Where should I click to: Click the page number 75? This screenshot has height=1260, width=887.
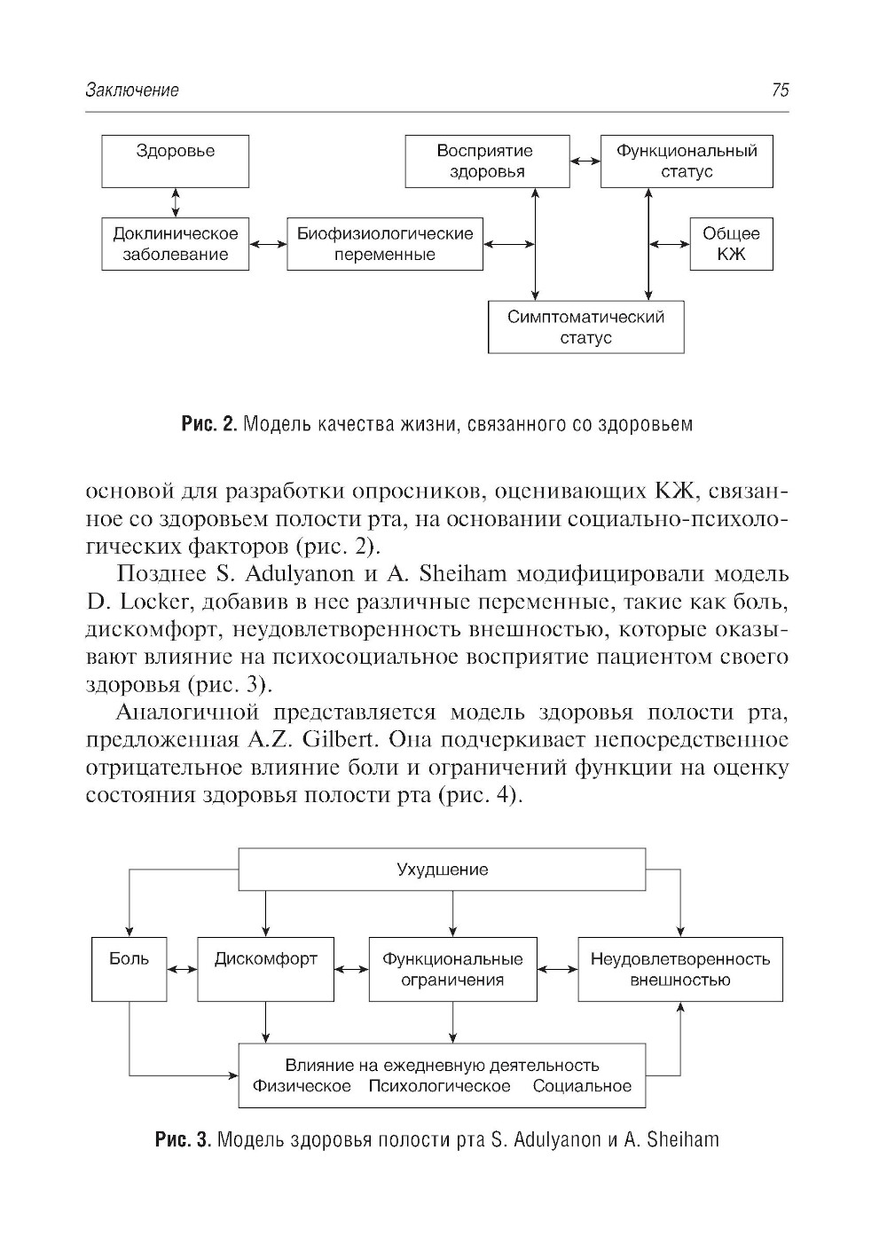780,90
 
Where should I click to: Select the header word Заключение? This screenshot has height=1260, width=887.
132,90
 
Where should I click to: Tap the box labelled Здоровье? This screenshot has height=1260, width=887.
175,161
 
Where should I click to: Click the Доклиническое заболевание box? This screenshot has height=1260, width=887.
175,244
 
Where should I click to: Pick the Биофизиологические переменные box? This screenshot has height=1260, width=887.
384,244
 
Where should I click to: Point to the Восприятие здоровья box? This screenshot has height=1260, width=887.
487,161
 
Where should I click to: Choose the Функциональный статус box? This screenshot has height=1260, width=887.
686,161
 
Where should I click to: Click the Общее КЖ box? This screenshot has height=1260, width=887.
731,244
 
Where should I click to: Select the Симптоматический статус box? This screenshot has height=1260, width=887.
585,327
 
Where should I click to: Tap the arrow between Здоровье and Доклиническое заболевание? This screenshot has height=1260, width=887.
176,202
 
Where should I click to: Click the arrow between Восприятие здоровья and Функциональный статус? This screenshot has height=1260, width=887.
585,161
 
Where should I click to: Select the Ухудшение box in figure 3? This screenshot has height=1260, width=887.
442,870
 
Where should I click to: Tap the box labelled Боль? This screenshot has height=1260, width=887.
129,969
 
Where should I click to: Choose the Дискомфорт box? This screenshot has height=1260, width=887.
265,969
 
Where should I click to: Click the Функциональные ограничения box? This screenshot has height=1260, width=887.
452,969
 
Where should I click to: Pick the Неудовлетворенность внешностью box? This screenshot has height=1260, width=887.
679,969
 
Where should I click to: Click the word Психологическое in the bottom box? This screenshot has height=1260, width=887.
439,1086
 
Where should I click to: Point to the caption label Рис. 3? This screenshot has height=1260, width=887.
183,1139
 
